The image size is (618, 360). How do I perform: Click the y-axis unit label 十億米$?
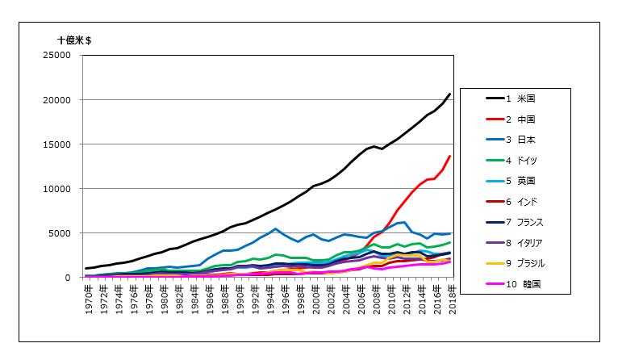coord(79,38)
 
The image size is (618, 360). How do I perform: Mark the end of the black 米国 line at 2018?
coord(449,94)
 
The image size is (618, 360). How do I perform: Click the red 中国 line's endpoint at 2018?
coord(449,157)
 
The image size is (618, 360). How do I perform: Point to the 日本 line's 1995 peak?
coord(276,228)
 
